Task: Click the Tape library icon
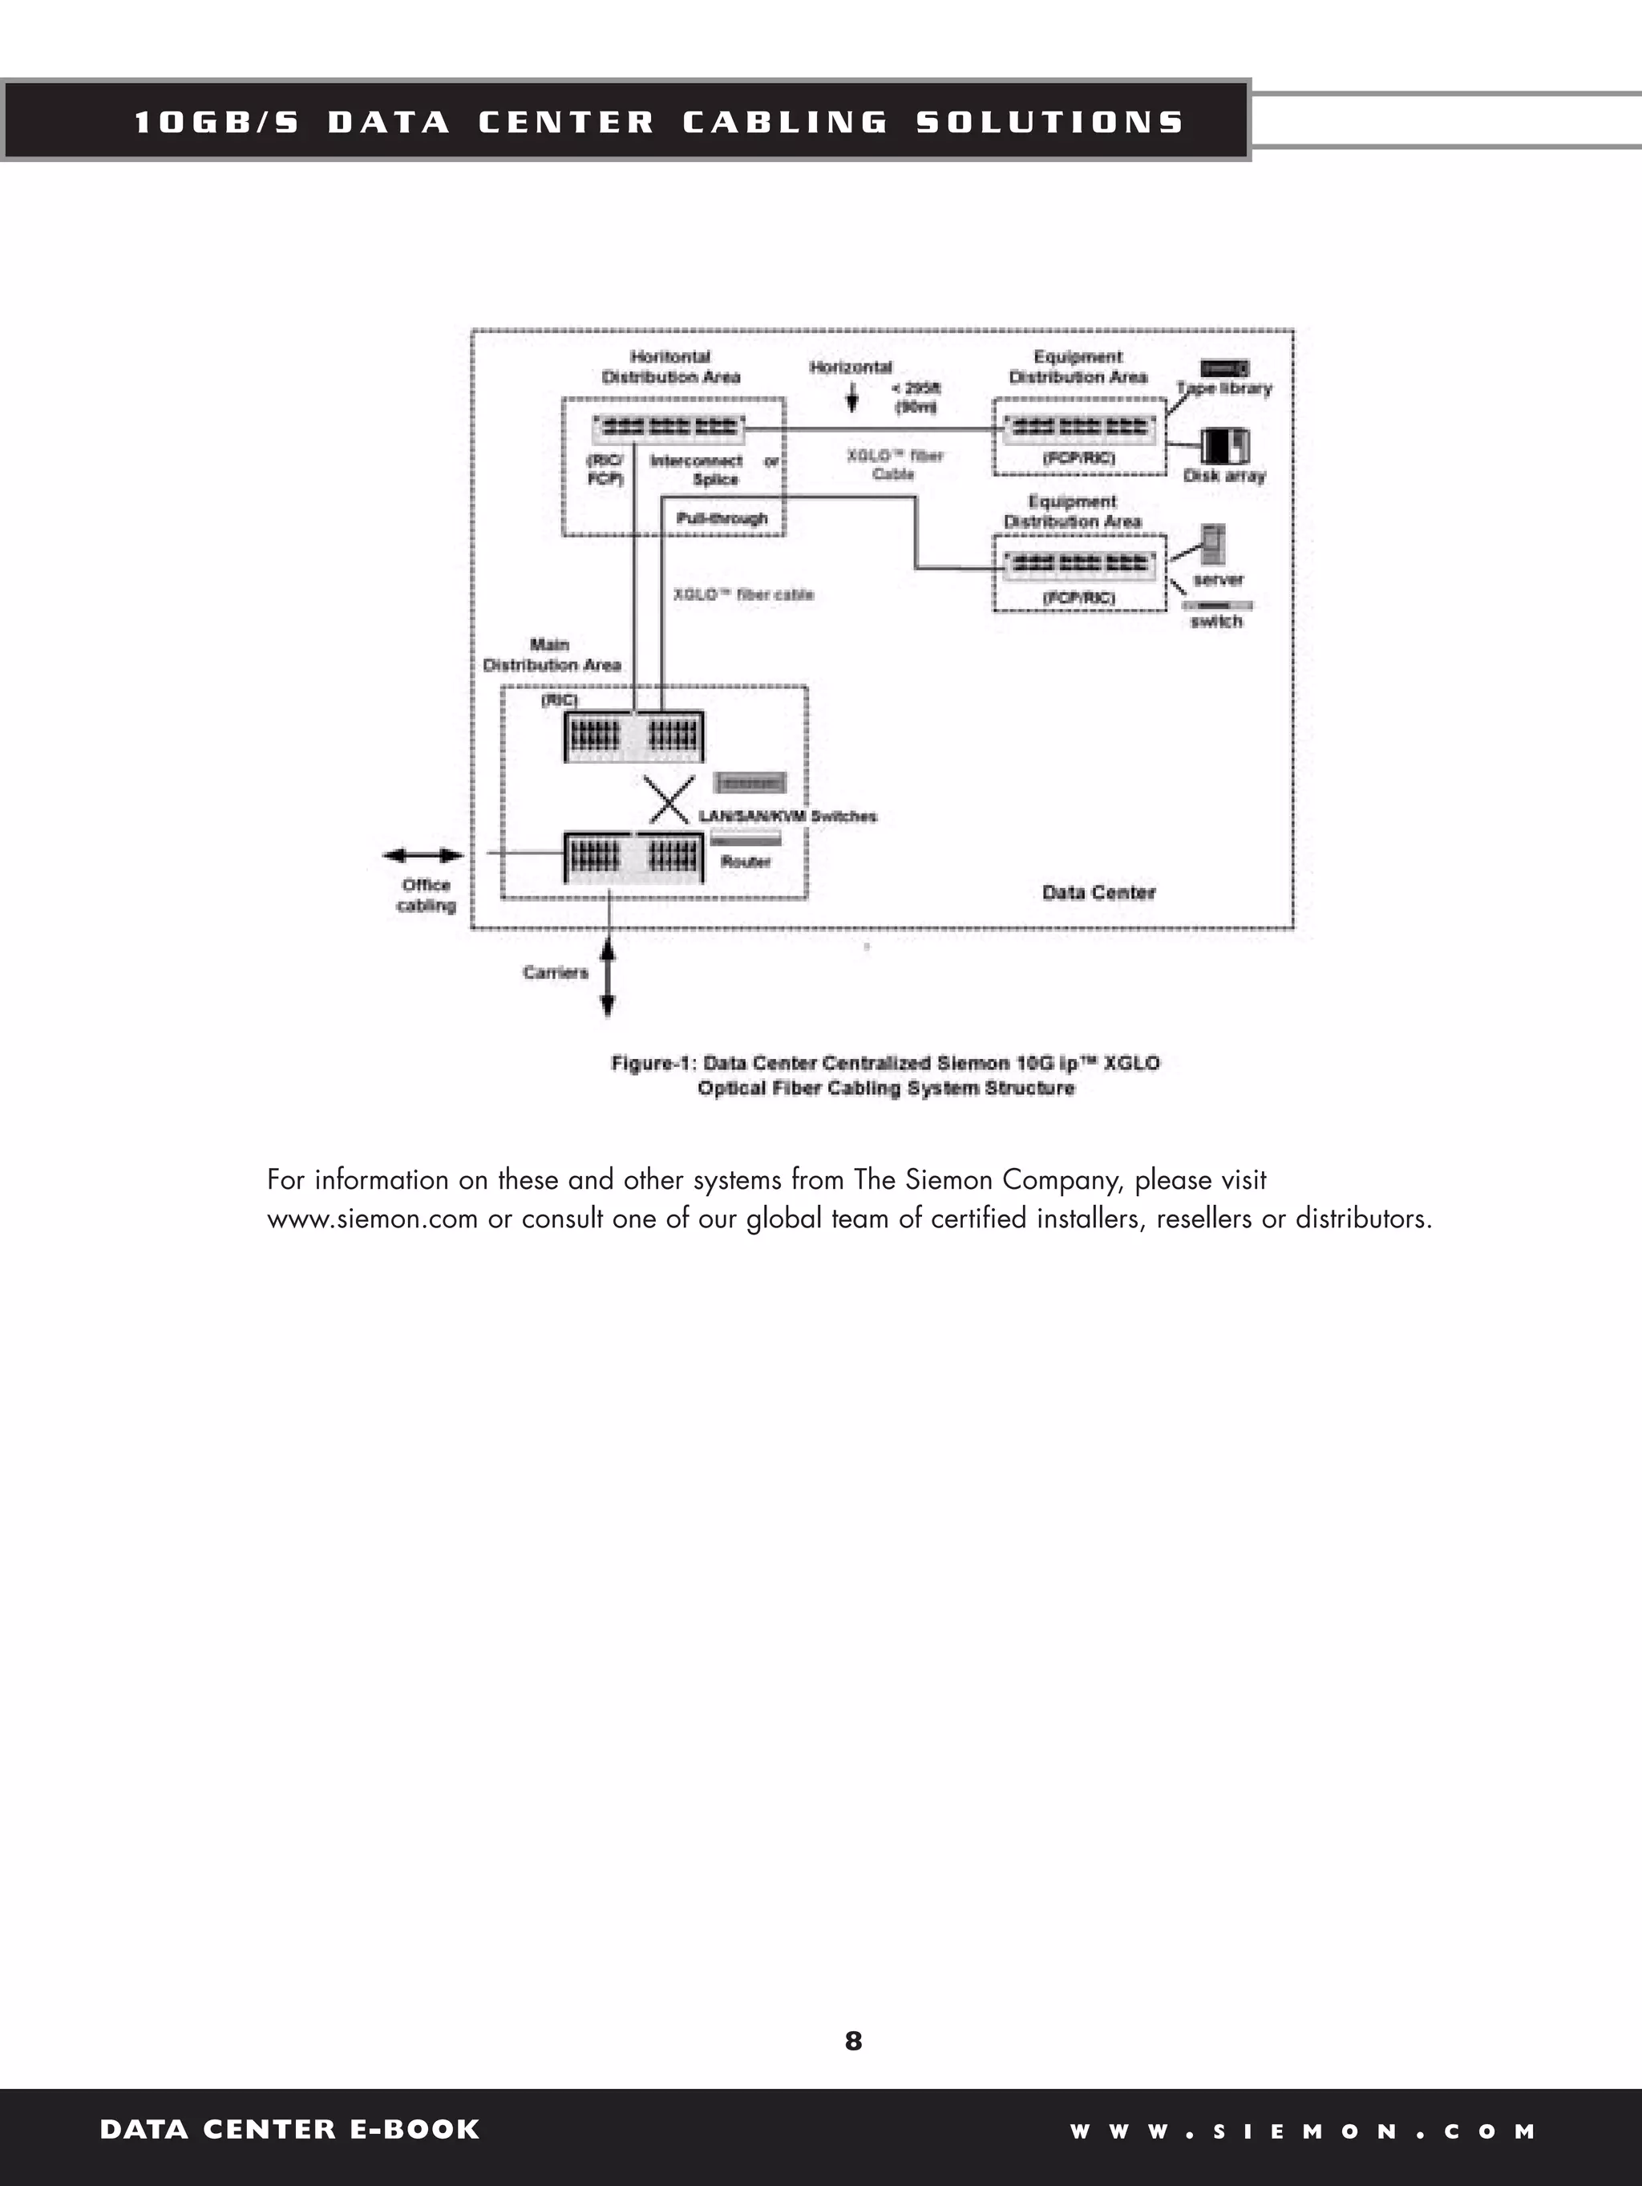tap(1224, 369)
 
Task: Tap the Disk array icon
tap(1225, 446)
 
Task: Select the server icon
tap(1213, 545)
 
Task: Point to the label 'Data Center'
tap(1098, 892)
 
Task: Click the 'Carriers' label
tap(556, 972)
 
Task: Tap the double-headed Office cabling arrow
tap(423, 855)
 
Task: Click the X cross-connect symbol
tap(669, 800)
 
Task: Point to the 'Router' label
tap(746, 862)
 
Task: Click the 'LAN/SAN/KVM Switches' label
tap(787, 817)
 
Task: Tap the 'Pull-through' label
tap(722, 518)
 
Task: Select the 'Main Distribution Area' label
tap(552, 655)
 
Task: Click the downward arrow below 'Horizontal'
tap(851, 397)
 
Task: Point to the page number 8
tap(854, 2041)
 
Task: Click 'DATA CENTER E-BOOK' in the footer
tap(289, 2129)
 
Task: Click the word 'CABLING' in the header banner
tap(786, 123)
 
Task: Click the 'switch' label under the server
tap(1216, 621)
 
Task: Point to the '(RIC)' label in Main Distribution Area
tap(559, 700)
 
